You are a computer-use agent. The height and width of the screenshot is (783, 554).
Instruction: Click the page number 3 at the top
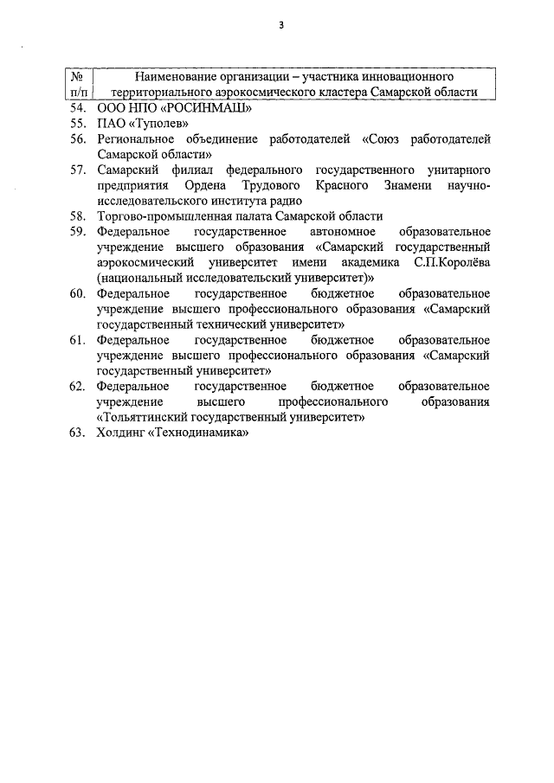click(x=281, y=25)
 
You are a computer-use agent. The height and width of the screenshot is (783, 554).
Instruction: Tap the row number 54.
click(x=77, y=108)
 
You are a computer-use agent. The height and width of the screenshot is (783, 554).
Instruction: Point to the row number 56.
click(x=77, y=138)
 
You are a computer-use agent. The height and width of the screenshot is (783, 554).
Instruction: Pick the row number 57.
click(x=77, y=170)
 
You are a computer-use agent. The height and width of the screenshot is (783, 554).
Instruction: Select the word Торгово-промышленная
click(x=159, y=216)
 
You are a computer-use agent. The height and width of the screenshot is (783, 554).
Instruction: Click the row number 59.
click(x=77, y=232)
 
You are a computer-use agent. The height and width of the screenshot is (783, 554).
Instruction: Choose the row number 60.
click(x=77, y=293)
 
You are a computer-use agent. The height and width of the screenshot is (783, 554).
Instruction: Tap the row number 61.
click(x=77, y=340)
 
